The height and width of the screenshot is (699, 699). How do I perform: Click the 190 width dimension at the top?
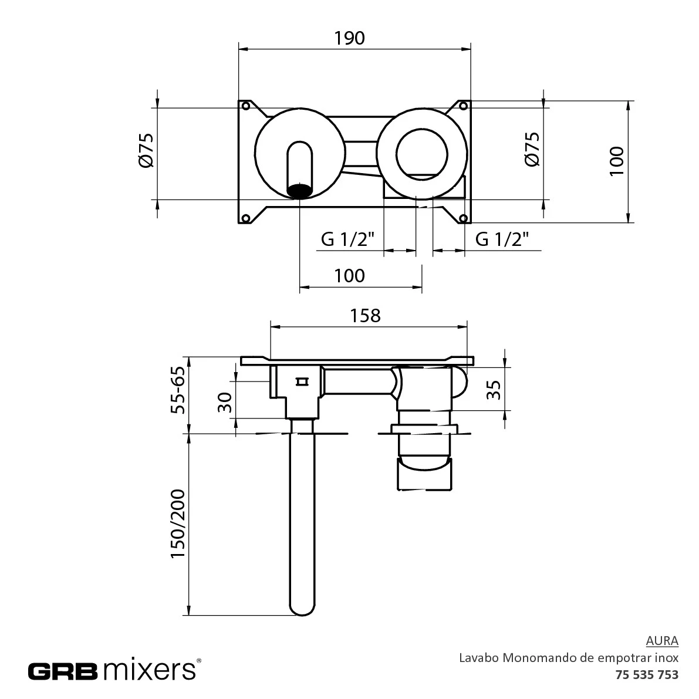(350, 38)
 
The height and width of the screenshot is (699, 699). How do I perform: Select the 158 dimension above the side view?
(365, 316)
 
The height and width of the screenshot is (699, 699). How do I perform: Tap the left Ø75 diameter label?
(147, 150)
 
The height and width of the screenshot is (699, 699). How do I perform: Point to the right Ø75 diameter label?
(533, 149)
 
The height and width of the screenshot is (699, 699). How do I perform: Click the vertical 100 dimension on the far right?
(617, 161)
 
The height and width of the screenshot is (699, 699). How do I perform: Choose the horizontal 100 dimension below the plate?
(350, 276)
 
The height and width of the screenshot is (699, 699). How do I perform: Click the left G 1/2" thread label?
(347, 239)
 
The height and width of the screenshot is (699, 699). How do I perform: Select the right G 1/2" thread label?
(502, 239)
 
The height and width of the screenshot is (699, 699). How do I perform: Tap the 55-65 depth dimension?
(178, 390)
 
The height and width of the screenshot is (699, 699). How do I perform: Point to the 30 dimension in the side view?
(225, 403)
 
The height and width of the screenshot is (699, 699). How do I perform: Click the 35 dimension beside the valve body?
(494, 390)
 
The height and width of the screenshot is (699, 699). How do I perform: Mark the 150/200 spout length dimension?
(178, 524)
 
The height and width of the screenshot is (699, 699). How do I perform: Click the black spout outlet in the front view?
(299, 190)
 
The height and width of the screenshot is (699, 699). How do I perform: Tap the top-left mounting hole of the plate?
(245, 106)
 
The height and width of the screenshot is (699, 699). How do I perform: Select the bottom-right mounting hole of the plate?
(463, 218)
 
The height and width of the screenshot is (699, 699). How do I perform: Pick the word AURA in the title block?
(662, 640)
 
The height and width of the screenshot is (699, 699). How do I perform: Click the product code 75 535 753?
(647, 674)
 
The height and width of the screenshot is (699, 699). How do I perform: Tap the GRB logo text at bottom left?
(63, 671)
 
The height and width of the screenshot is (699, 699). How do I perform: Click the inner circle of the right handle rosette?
(421, 130)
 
